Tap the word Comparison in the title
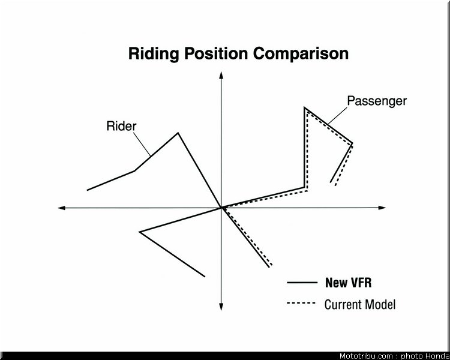click(x=301, y=53)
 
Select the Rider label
click(x=121, y=126)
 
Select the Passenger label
click(x=377, y=101)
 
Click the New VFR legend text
click(x=349, y=283)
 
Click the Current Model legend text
click(x=360, y=304)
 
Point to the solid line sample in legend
click(x=302, y=283)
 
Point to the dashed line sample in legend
click(x=301, y=303)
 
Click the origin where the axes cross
click(x=221, y=208)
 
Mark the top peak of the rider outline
click(x=178, y=133)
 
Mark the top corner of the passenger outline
click(x=305, y=108)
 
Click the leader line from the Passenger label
click(x=338, y=116)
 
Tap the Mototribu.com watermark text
click(x=366, y=356)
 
